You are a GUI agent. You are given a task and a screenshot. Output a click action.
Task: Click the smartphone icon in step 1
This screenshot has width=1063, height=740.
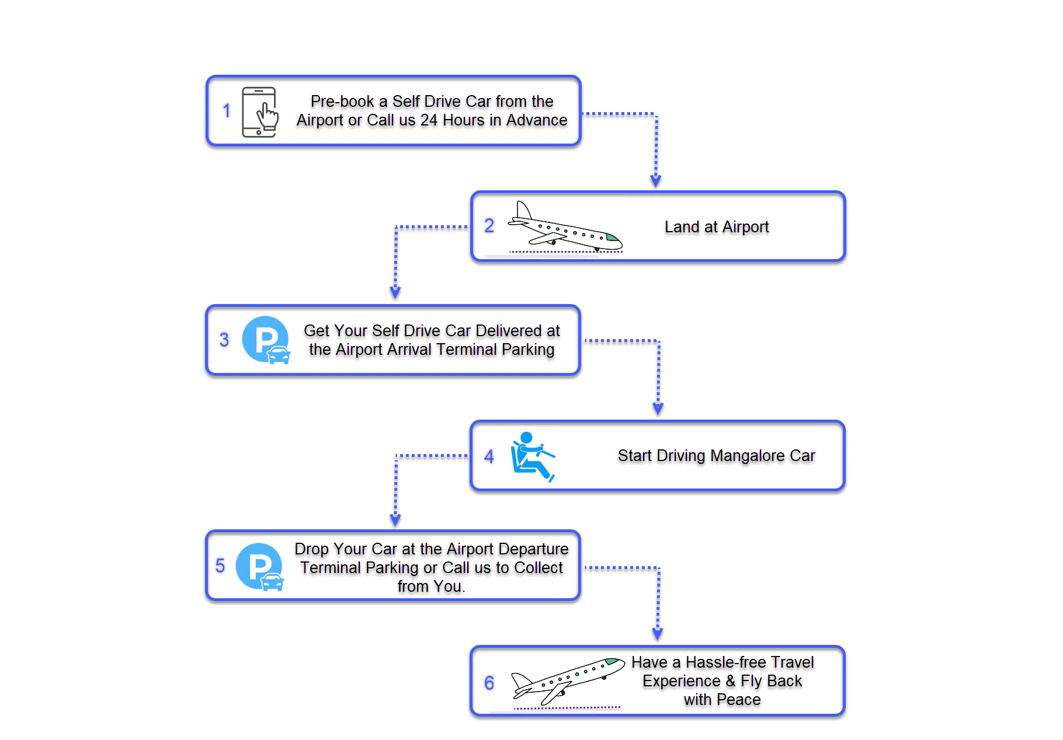[260, 112]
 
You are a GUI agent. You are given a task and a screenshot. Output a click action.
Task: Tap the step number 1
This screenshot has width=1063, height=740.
[227, 111]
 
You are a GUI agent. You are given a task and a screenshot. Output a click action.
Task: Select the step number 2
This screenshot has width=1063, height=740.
[489, 226]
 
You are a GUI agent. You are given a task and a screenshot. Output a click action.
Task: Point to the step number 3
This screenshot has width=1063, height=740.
[224, 340]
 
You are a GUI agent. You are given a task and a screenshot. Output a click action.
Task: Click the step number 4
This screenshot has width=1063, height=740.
[489, 456]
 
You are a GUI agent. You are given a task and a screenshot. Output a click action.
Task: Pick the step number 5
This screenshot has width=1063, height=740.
[220, 566]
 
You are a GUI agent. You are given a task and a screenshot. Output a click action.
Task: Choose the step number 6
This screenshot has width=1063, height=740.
[489, 683]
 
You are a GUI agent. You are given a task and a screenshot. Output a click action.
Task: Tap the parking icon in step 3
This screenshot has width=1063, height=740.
[266, 340]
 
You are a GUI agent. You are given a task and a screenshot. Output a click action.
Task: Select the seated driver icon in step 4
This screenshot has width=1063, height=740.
[531, 456]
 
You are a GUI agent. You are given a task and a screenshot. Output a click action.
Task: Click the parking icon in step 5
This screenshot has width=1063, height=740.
[260, 567]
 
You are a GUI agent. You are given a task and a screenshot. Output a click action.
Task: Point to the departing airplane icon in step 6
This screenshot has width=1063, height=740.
[567, 682]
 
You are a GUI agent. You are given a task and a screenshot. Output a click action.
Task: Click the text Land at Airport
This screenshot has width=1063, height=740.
[716, 226]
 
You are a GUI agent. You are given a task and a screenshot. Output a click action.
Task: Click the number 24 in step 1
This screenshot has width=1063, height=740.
[429, 120]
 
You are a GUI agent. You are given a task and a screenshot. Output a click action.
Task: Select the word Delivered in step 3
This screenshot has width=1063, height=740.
[509, 330]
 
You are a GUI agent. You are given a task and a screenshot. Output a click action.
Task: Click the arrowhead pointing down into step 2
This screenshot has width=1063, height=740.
[656, 181]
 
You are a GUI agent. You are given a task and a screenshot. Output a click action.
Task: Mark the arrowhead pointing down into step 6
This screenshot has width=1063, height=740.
[658, 634]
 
